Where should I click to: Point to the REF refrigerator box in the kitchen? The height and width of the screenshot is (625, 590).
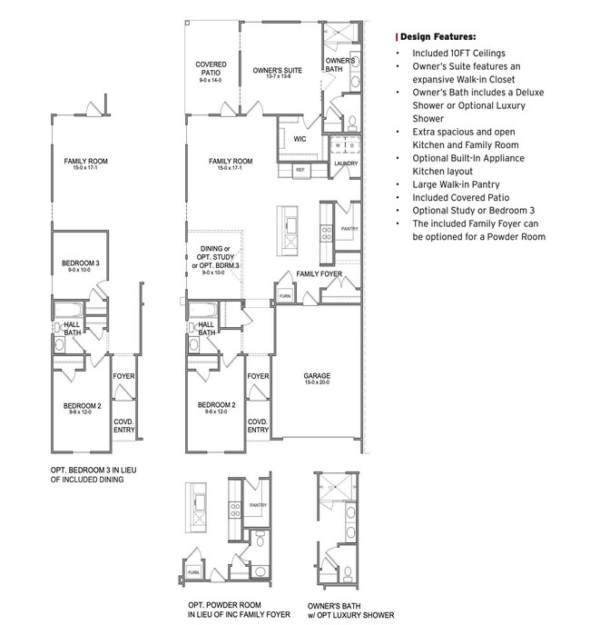[x=300, y=170]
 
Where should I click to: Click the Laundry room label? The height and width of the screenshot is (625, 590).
[x=346, y=164]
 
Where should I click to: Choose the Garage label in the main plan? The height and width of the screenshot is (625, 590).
[x=317, y=378]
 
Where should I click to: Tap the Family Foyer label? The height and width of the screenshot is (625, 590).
[x=318, y=273]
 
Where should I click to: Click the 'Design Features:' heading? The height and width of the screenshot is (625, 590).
[x=438, y=37]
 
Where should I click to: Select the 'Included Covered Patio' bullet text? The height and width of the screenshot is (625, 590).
[x=459, y=196]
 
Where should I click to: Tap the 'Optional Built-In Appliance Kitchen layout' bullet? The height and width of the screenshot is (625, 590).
[x=475, y=164]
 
